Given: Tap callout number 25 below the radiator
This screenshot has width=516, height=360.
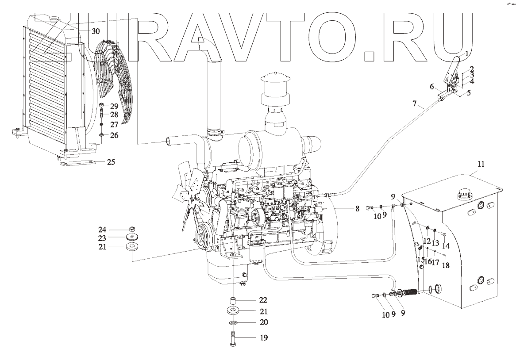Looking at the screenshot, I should coord(111,162).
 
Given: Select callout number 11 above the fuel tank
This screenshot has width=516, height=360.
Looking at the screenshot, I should coord(481,164).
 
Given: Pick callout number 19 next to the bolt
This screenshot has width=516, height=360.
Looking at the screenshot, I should coord(264,337).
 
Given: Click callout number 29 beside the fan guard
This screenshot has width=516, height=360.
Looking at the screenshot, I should coord(114,106).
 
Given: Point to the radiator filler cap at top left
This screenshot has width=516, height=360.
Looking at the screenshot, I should coord(56,19).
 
